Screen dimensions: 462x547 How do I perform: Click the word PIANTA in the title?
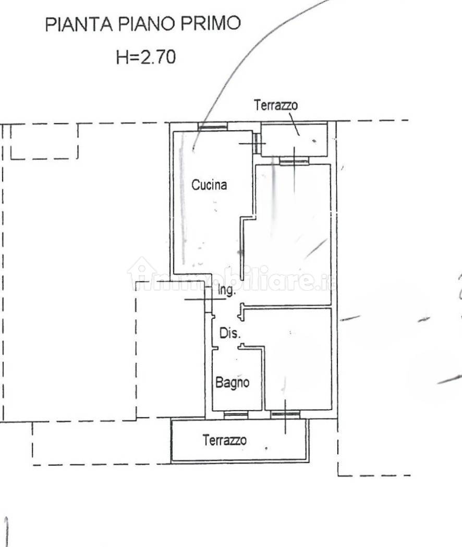(x=79, y=24)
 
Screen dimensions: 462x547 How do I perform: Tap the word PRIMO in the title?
(x=210, y=23)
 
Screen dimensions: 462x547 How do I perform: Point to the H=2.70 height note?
(x=146, y=57)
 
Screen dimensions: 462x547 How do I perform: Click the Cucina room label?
(x=209, y=184)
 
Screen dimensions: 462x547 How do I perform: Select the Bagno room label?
(x=232, y=383)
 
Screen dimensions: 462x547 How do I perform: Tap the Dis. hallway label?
(x=230, y=333)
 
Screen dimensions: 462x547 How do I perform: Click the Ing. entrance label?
(x=227, y=290)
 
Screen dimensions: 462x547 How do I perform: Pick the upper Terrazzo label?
(x=276, y=105)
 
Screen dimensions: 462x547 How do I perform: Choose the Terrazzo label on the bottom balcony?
(x=225, y=440)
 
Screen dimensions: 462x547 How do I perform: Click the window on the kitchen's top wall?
(x=213, y=126)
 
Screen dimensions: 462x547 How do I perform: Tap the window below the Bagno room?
(x=236, y=415)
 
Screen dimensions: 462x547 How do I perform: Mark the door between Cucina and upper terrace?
(x=257, y=143)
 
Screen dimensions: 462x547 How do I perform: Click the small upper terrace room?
(x=294, y=140)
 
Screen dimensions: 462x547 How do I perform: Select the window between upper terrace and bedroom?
(x=294, y=160)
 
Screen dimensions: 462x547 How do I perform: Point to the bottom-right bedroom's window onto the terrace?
(x=285, y=415)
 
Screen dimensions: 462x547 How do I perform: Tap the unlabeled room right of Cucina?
(x=293, y=234)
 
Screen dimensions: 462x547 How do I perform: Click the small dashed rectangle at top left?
(x=44, y=141)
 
